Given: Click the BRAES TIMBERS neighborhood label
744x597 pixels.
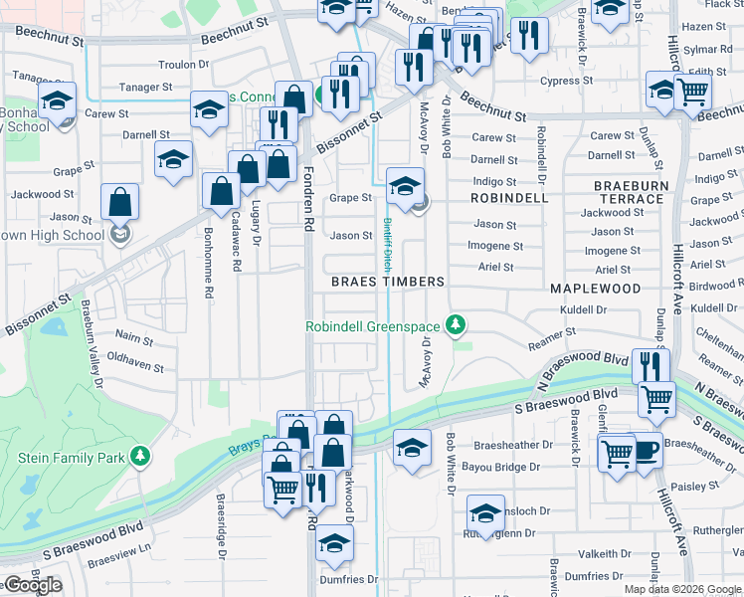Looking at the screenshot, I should [388, 282].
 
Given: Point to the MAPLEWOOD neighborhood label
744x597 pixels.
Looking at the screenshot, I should [595, 288].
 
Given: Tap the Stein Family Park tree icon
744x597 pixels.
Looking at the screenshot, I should [141, 457].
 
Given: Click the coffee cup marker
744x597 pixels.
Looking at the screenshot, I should [646, 453].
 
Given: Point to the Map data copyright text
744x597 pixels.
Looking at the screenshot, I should [682, 589].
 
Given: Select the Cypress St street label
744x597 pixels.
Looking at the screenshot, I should [566, 81].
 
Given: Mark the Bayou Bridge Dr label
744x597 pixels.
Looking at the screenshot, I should [519, 466].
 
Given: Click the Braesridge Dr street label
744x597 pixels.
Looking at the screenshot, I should [222, 517].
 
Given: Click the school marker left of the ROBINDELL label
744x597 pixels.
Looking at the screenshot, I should [406, 186].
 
